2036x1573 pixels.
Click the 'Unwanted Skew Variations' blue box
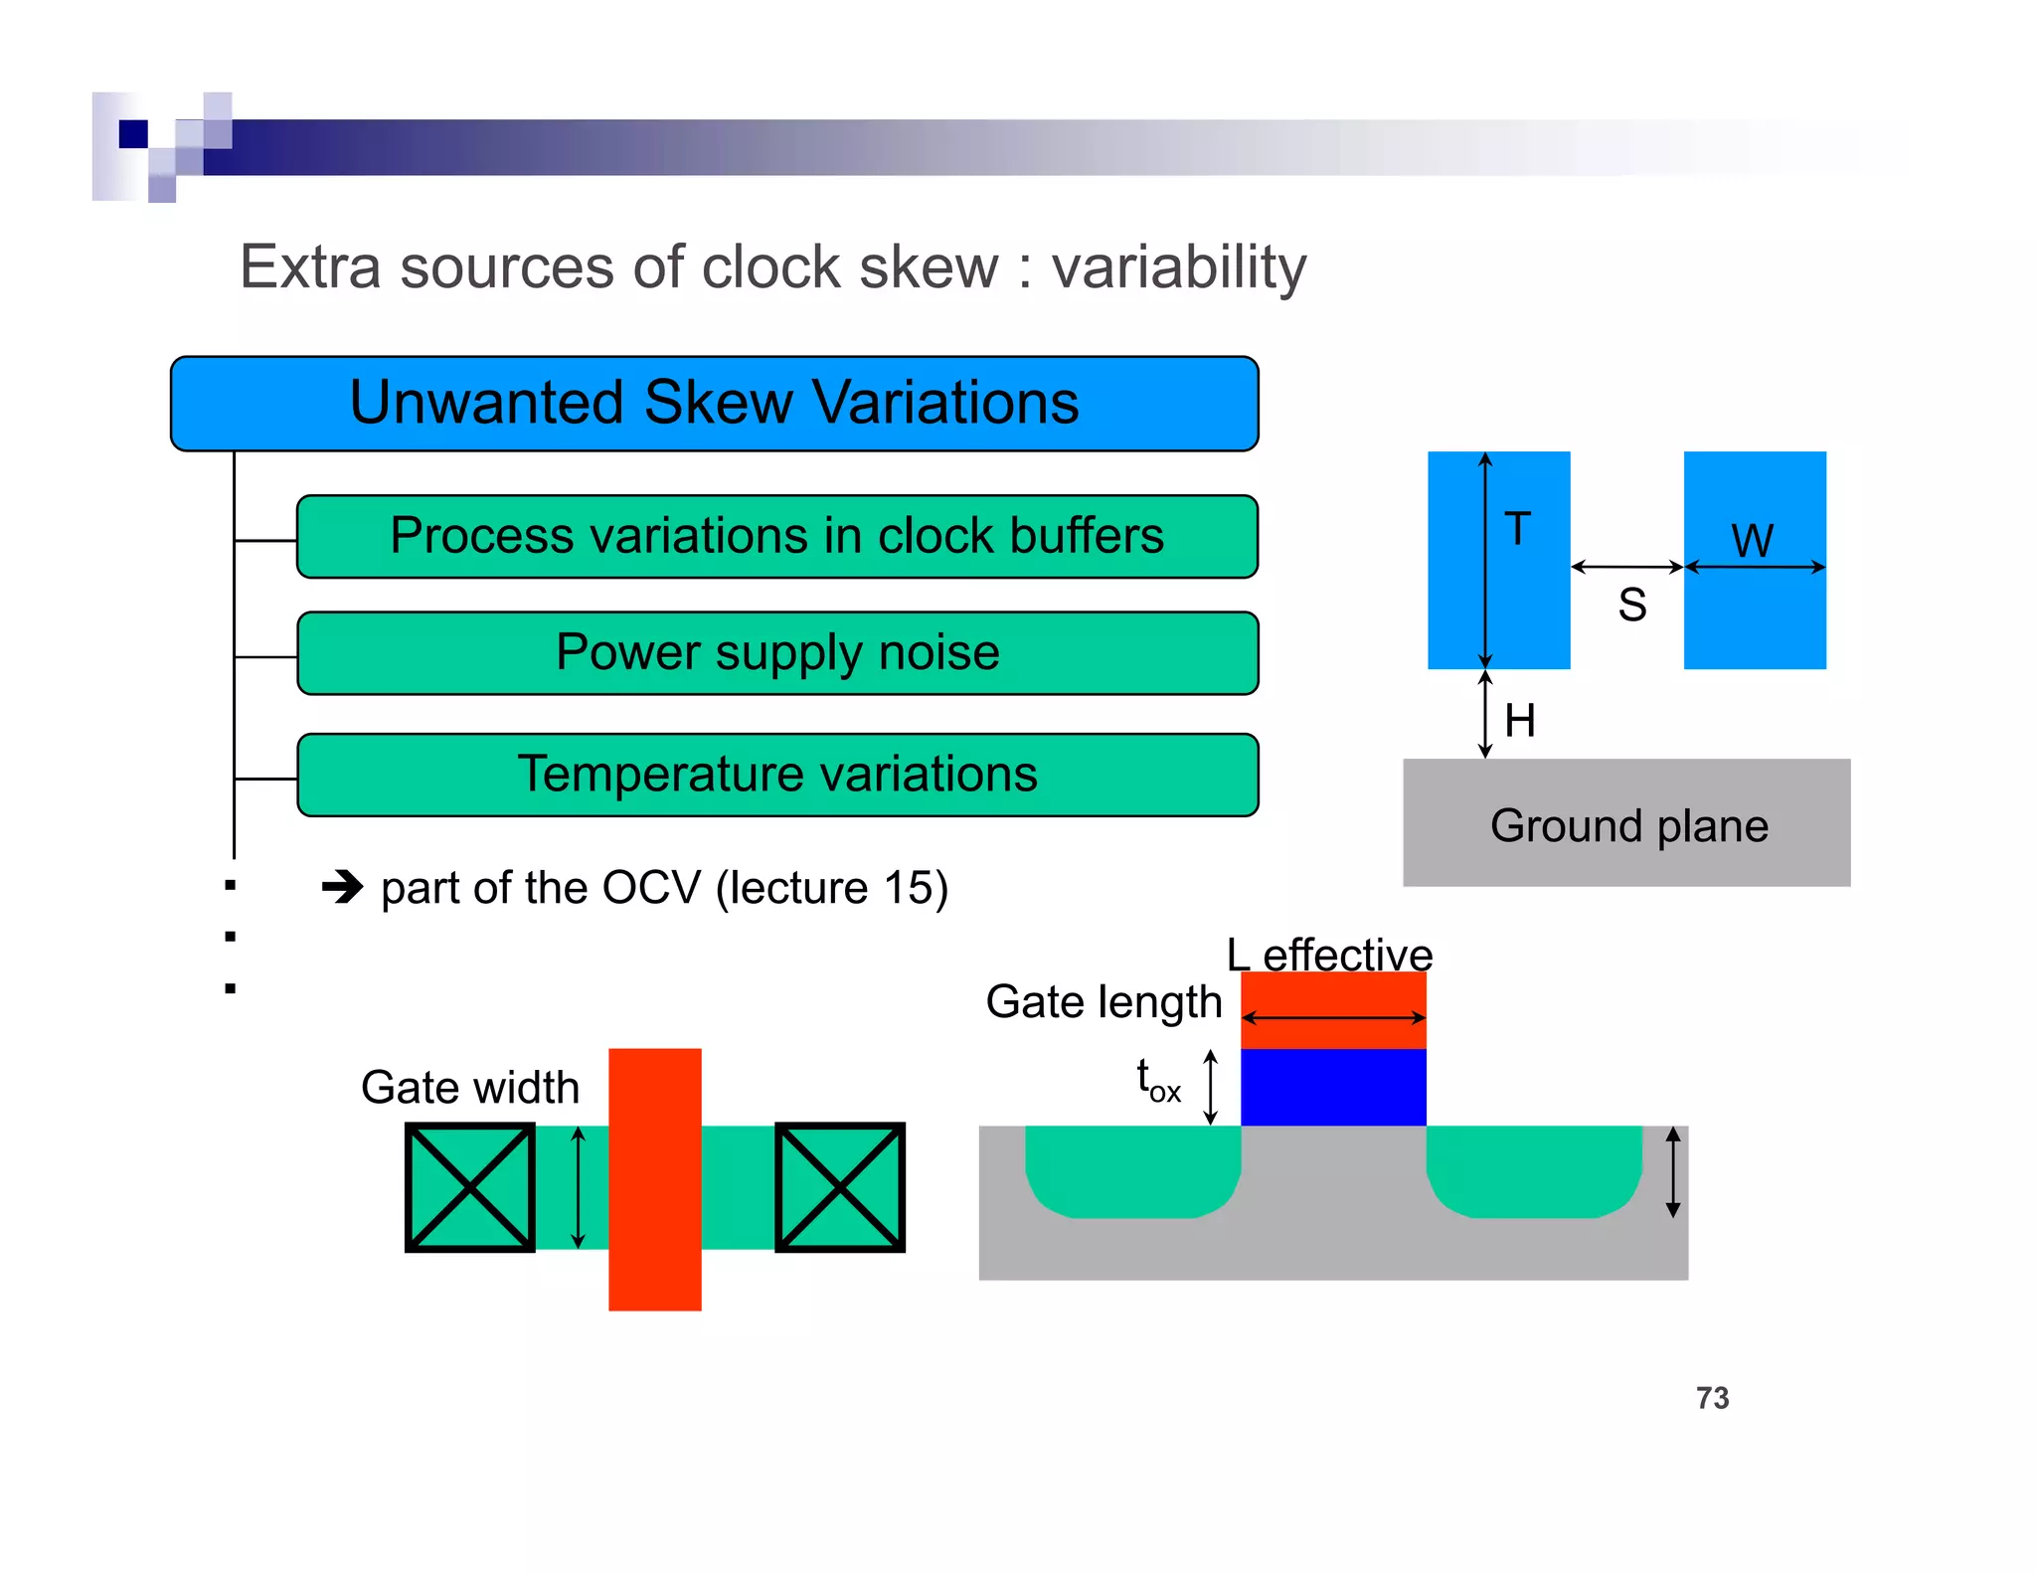coord(714,404)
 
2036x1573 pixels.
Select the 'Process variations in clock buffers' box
coord(776,537)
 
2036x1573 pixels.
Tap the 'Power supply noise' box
coord(776,653)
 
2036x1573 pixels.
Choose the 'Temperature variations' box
coord(776,775)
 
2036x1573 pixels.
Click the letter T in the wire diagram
coord(1517,529)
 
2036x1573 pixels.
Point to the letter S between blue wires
coord(1631,605)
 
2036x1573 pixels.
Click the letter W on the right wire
coord(1752,541)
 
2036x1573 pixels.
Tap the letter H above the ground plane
coord(1520,721)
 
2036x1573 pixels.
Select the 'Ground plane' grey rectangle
coord(1626,823)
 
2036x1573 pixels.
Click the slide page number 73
coord(1712,1398)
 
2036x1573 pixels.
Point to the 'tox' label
coord(1158,1081)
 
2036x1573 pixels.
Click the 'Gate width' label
coord(469,1087)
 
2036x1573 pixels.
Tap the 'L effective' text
coord(1328,955)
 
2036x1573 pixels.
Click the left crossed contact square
coord(470,1187)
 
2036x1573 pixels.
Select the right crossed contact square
coord(839,1187)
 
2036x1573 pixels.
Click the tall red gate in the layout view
coord(654,1179)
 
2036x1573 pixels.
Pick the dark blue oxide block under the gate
coord(1332,1087)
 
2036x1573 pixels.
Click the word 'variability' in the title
coord(1178,267)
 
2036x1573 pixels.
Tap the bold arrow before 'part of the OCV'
coord(343,886)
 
